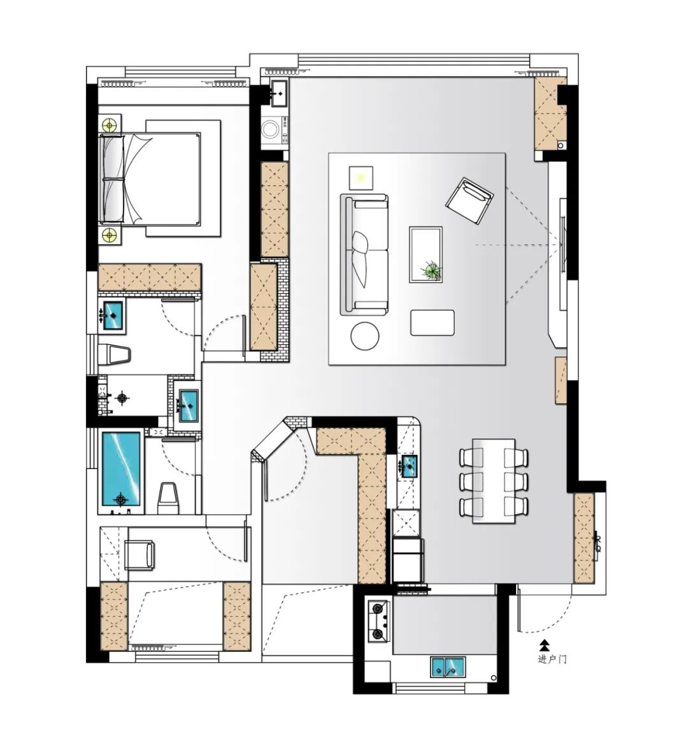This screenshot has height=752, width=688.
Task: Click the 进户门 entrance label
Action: (x=552, y=659)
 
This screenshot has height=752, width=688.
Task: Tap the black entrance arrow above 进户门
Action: (x=543, y=645)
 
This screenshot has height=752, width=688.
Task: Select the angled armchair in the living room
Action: (x=469, y=201)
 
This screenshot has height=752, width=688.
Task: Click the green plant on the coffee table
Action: (x=432, y=270)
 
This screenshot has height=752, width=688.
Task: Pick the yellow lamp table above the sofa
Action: (x=361, y=178)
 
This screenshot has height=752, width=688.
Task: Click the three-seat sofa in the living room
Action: (x=364, y=255)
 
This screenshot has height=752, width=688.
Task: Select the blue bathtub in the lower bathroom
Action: (x=121, y=468)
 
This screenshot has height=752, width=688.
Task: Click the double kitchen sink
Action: (x=448, y=667)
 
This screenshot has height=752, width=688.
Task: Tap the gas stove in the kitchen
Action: (x=380, y=621)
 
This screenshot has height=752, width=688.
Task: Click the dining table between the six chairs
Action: (x=494, y=481)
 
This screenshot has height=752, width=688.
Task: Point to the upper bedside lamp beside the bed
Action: (x=110, y=126)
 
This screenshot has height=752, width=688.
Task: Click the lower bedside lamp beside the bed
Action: (x=110, y=236)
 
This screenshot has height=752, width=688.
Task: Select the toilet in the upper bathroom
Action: (x=114, y=355)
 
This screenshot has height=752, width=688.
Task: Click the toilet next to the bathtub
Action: (x=168, y=498)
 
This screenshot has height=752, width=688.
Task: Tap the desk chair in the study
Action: (x=140, y=555)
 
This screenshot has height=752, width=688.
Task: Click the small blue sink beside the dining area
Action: (x=410, y=466)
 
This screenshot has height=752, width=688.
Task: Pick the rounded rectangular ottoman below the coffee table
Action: (x=433, y=322)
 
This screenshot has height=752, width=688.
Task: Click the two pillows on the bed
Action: (x=111, y=177)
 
